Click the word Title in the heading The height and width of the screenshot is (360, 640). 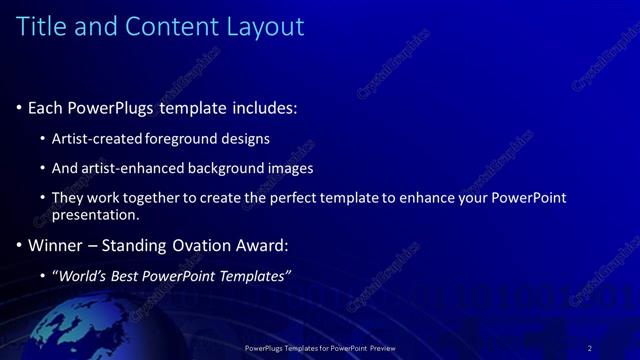41,26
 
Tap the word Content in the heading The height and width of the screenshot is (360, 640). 162,26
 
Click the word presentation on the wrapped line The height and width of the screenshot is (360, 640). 95,215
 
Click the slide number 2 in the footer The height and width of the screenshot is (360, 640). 589,347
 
